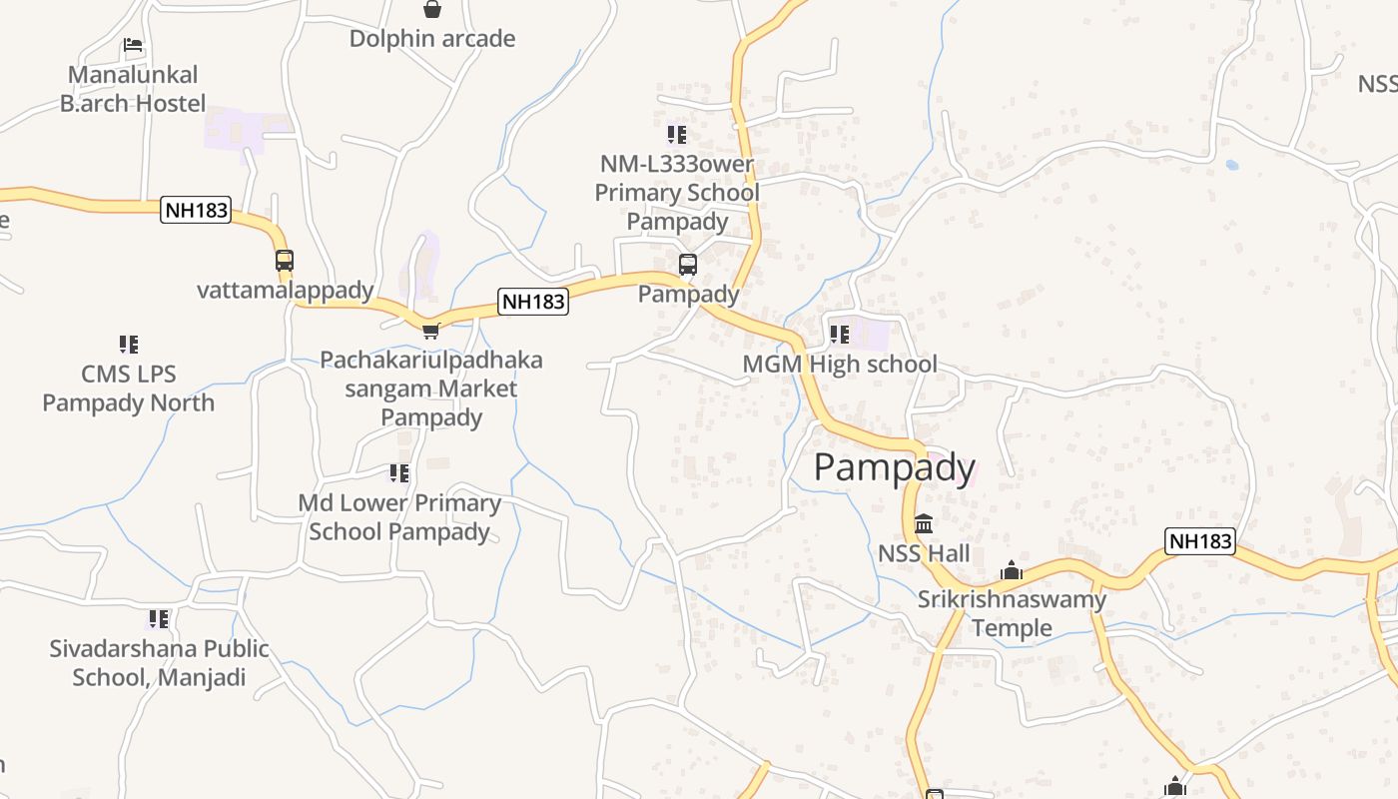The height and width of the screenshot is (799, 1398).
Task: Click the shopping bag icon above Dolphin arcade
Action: tap(432, 9)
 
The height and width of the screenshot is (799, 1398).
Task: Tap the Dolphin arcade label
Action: tap(432, 39)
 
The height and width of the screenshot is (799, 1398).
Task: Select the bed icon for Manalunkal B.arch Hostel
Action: tap(133, 45)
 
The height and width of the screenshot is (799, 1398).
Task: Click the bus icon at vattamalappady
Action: tap(285, 261)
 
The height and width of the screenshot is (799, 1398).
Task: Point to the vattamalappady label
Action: tap(286, 291)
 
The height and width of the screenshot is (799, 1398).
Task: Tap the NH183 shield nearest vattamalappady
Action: tap(196, 211)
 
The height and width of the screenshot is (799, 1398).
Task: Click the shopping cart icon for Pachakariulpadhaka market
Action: tap(430, 331)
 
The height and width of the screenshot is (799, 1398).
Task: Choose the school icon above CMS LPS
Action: tap(128, 345)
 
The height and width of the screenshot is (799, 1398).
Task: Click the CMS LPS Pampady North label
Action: tap(128, 389)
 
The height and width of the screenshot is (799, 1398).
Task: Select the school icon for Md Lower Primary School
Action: tap(399, 473)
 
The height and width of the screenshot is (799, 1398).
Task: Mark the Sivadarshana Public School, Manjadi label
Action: tap(160, 663)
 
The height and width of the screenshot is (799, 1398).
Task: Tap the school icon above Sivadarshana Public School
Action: tap(159, 619)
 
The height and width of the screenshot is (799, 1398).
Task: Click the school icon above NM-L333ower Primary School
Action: tap(677, 134)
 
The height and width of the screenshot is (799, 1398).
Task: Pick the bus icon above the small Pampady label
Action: tap(688, 265)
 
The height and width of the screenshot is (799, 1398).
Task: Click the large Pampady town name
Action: tap(895, 467)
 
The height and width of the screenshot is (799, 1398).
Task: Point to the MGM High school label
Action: tap(840, 365)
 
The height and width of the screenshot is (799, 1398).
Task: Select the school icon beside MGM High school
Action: tap(840, 335)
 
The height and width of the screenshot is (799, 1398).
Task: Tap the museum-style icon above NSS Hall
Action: tap(924, 523)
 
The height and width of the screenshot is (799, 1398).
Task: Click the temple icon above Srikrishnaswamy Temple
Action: tap(1012, 570)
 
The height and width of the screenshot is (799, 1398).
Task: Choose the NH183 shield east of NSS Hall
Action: tap(1200, 541)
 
